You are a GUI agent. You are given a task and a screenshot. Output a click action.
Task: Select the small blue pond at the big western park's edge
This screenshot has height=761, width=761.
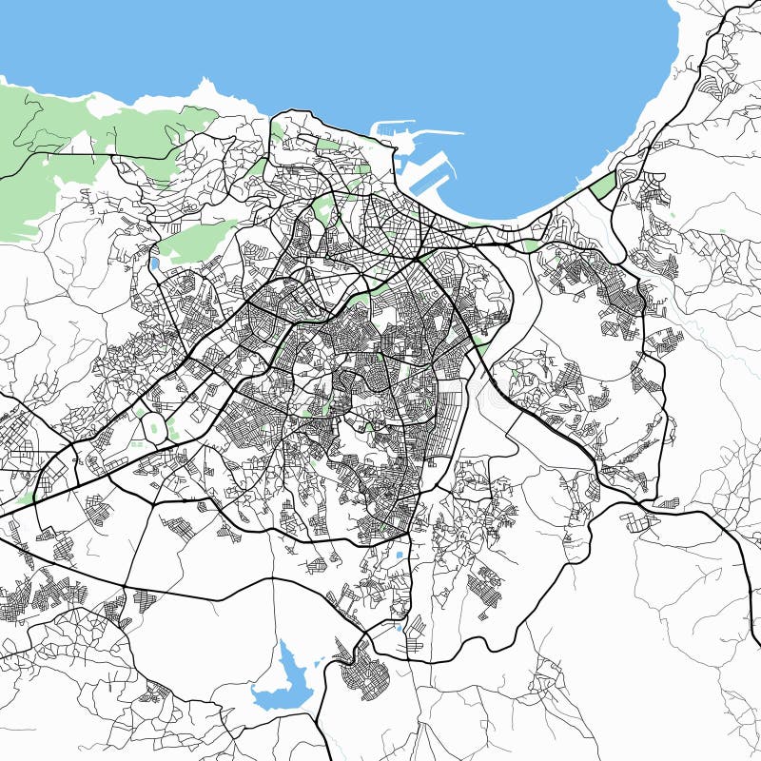[154, 263]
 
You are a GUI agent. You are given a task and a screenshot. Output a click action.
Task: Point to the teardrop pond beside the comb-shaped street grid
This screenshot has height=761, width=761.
[416, 624]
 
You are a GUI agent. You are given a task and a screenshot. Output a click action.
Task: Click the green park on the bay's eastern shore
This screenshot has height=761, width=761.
[603, 186]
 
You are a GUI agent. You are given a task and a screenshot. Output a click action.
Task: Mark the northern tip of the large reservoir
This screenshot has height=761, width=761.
[284, 644]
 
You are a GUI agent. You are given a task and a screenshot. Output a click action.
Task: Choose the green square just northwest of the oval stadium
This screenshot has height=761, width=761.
[140, 411]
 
